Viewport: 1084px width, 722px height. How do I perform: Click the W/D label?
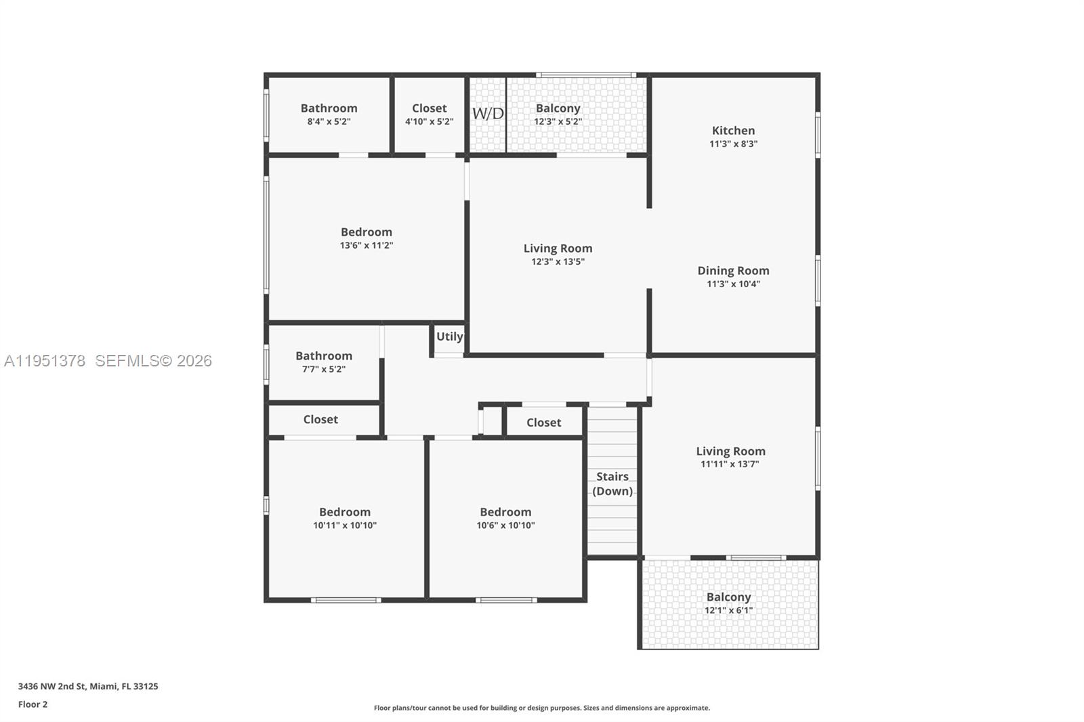488,113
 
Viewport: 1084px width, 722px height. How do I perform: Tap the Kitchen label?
733,131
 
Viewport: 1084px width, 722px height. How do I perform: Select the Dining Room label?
733,271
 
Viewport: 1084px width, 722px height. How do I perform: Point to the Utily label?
449,337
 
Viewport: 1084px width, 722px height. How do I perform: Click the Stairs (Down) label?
612,484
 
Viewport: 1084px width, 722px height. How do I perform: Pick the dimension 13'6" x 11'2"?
367,245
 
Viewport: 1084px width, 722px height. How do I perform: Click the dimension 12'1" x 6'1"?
728,610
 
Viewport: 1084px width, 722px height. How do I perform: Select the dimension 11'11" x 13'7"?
730,464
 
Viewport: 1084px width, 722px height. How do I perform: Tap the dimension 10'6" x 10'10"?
505,525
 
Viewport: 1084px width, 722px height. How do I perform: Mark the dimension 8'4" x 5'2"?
329,122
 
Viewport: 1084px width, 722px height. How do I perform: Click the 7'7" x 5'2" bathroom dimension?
323,369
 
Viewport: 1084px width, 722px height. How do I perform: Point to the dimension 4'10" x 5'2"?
429,122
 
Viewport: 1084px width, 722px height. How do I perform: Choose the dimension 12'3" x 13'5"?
558,261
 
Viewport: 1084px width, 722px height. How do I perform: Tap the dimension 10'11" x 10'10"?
345,525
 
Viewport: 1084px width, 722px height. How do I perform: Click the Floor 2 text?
33,704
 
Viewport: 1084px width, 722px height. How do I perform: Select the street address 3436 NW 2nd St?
51,686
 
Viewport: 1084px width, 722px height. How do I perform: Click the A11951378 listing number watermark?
45,361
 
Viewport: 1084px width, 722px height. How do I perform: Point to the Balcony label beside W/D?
558,108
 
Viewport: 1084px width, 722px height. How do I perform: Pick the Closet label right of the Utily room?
543,423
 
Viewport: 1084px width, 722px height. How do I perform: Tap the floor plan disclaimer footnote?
541,708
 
